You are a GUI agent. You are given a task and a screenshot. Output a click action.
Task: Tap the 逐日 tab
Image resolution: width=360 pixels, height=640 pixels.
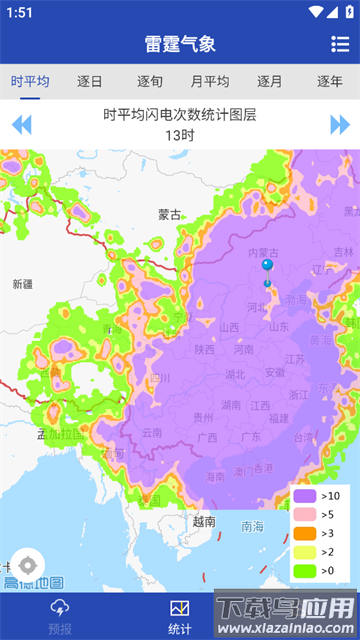tap(90, 82)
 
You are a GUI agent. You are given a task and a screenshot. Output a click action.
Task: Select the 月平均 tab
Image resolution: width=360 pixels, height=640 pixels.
tap(210, 82)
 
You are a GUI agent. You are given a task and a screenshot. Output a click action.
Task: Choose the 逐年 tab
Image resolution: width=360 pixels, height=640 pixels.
tap(330, 82)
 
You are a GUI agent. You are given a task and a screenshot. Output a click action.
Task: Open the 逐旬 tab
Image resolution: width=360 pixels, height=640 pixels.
tap(150, 82)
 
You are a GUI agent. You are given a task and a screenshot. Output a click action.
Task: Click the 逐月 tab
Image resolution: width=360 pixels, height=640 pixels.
tap(270, 82)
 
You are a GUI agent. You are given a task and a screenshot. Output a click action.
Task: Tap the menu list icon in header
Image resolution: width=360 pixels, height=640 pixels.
tap(340, 44)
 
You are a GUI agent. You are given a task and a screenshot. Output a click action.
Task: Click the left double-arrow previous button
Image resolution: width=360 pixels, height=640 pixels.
tap(21, 125)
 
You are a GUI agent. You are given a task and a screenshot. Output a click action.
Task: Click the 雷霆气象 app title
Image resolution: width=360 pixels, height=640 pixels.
tap(180, 44)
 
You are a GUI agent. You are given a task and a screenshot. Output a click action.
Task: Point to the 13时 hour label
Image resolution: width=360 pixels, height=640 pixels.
tap(180, 135)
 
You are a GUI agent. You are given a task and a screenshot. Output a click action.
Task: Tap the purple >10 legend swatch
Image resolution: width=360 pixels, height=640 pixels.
tap(305, 496)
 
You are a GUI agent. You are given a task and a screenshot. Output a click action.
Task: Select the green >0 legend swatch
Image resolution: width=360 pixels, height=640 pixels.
tap(305, 571)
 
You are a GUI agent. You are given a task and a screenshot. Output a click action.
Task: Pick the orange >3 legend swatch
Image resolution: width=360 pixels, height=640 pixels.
tap(305, 533)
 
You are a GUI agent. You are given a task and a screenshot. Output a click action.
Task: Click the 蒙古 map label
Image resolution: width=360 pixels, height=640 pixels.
tap(170, 214)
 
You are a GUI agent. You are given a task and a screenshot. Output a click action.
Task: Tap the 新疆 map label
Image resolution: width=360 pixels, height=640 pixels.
tap(22, 284)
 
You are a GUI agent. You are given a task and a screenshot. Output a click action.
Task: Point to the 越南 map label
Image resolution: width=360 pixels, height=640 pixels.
tap(204, 521)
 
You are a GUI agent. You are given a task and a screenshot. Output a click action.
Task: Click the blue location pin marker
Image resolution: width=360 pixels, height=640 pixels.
tap(267, 265)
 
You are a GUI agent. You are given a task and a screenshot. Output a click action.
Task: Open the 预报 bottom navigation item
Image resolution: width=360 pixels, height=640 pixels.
tap(60, 616)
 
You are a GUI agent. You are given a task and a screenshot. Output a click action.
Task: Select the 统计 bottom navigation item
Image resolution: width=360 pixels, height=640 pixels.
tap(180, 616)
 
